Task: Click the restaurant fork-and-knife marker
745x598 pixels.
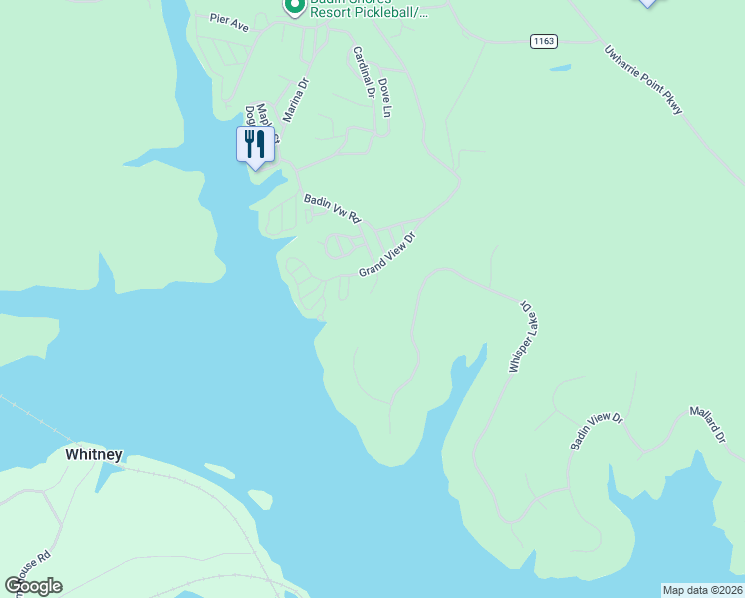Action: click(255, 144)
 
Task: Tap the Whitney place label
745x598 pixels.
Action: click(94, 454)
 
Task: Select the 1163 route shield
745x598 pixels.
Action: click(543, 41)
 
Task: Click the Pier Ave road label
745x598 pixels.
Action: click(229, 20)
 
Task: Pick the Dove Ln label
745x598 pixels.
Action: click(384, 98)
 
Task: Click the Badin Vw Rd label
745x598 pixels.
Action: click(332, 208)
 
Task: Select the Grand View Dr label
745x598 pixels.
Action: click(386, 256)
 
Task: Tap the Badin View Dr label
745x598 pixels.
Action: click(596, 432)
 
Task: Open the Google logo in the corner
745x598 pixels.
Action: click(34, 586)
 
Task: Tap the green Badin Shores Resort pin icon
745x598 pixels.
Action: click(294, 6)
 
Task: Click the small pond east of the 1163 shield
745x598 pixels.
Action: click(560, 68)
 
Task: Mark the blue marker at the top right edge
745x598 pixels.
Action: click(648, 3)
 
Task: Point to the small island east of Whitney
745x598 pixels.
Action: click(259, 498)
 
